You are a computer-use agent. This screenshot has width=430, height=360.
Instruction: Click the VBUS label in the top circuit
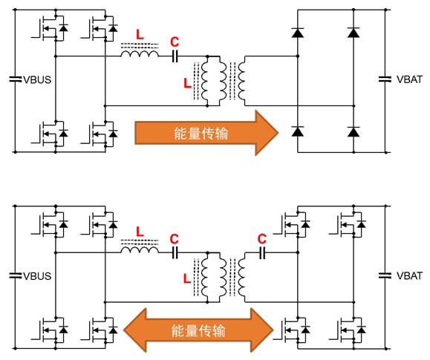pyautogui.click(x=37, y=79)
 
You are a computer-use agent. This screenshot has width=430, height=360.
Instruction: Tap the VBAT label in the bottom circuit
pyautogui.click(x=409, y=275)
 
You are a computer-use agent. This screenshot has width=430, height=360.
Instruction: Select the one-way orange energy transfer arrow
pyautogui.click(x=206, y=133)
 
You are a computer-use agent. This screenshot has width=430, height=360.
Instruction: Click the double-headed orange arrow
pyautogui.click(x=198, y=330)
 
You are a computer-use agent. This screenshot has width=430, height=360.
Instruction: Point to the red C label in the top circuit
pyautogui.click(x=175, y=42)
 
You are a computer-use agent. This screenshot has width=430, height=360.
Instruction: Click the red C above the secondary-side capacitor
pyautogui.click(x=262, y=239)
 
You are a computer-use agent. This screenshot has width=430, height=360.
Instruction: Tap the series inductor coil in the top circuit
pyautogui.click(x=140, y=53)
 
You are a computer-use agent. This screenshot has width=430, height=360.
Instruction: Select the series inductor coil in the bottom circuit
pyautogui.click(x=140, y=249)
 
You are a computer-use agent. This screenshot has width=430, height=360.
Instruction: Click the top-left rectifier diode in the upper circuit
pyautogui.click(x=298, y=33)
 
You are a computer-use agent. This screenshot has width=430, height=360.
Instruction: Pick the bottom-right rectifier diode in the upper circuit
pyautogui.click(x=354, y=132)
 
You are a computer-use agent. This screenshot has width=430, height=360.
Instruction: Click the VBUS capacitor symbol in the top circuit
pyautogui.click(x=16, y=79)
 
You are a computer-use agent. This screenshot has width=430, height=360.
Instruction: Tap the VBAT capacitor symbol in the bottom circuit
pyautogui.click(x=385, y=275)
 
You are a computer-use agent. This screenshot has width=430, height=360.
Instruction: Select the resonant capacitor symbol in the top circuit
pyautogui.click(x=175, y=56)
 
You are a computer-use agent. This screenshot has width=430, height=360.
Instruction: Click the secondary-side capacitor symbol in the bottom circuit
pyautogui.click(x=262, y=253)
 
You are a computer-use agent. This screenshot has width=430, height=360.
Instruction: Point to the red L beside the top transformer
pyautogui.click(x=187, y=83)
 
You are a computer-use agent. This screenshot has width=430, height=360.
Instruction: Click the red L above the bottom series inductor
pyautogui.click(x=140, y=232)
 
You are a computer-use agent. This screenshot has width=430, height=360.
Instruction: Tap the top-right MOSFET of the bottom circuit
pyautogui.click(x=348, y=225)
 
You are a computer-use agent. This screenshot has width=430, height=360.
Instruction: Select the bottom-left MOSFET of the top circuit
pyautogui.click(x=50, y=134)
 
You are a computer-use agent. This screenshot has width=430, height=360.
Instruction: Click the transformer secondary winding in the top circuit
pyautogui.click(x=242, y=81)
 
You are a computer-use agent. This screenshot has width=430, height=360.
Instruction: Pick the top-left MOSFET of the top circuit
pyautogui.click(x=50, y=28)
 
